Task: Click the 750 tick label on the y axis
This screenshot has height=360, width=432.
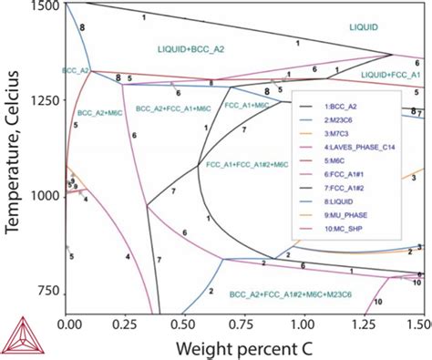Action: tap(45, 289)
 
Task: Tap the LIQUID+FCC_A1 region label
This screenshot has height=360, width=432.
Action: tap(391, 73)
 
